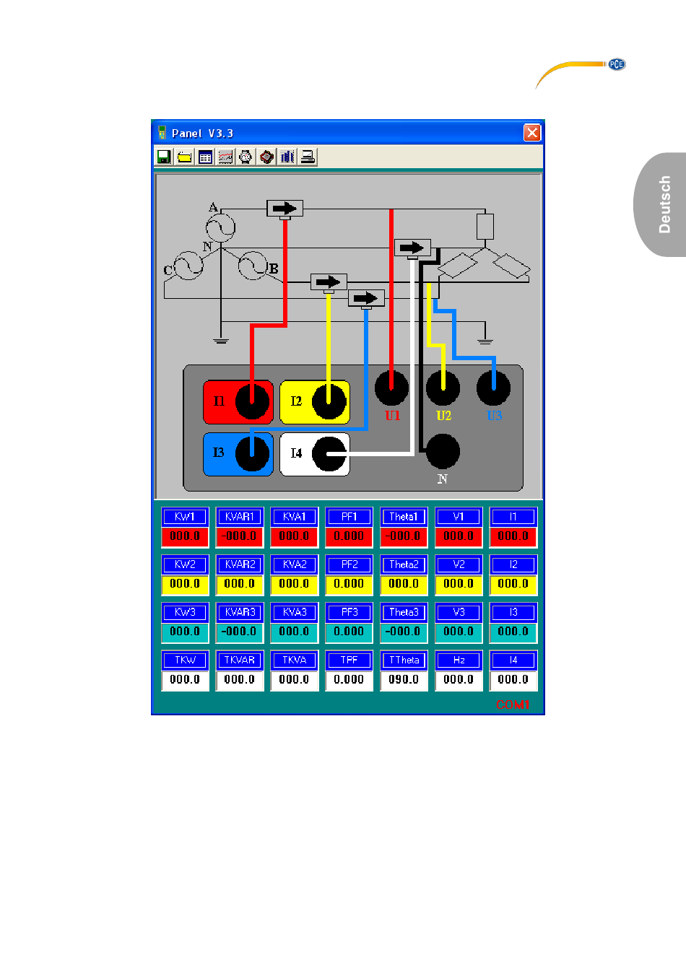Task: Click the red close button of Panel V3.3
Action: click(x=532, y=133)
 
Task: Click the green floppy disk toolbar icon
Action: click(x=164, y=157)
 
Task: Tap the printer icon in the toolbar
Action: click(x=308, y=157)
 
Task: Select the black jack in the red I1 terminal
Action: click(x=252, y=401)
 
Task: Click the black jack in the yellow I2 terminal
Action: click(x=329, y=401)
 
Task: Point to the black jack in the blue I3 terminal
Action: click(x=252, y=453)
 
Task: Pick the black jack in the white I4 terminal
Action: click(x=329, y=453)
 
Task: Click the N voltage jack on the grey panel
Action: click(x=443, y=452)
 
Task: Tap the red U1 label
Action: click(x=392, y=416)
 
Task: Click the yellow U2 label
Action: click(x=443, y=416)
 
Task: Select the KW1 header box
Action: click(x=185, y=517)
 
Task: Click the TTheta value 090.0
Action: click(x=404, y=679)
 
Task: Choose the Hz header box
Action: click(x=459, y=660)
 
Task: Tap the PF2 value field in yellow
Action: click(x=349, y=583)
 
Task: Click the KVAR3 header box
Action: click(x=240, y=612)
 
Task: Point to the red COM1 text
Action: click(x=513, y=704)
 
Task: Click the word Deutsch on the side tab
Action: click(x=664, y=204)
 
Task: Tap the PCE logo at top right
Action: click(x=616, y=64)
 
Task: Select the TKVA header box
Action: click(x=294, y=660)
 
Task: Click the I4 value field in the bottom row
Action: click(x=513, y=679)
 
